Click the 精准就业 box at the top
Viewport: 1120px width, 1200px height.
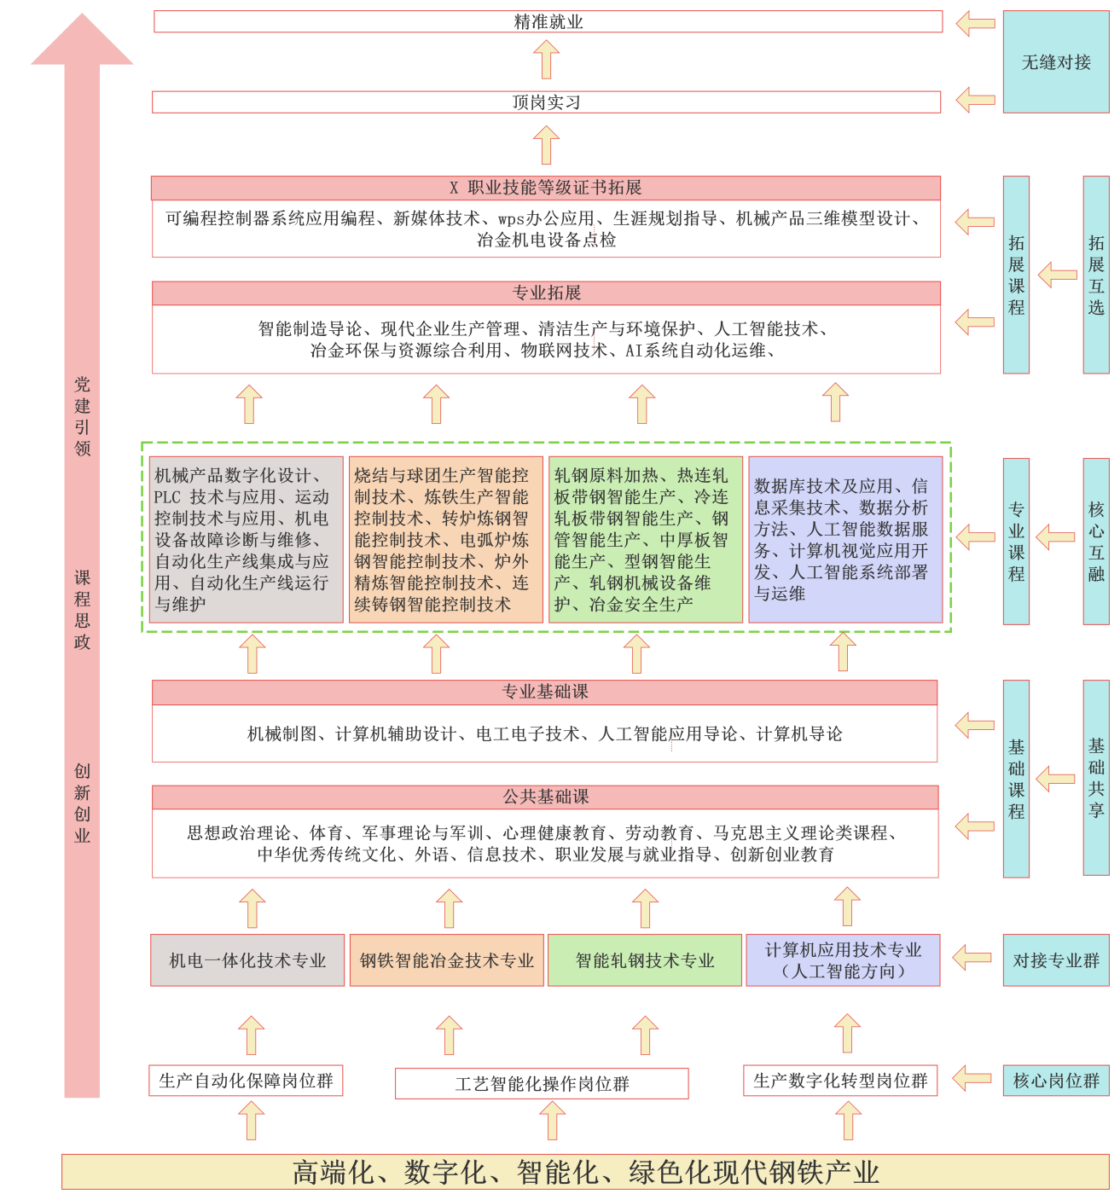pos(548,21)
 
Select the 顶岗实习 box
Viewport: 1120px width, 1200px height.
pos(546,102)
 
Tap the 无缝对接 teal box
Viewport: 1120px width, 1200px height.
pos(1056,62)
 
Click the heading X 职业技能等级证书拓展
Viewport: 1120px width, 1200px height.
pos(546,188)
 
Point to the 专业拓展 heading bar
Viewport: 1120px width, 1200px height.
pos(546,293)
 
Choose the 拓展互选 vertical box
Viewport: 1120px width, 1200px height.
pos(1096,275)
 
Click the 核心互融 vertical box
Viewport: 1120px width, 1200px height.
pos(1096,542)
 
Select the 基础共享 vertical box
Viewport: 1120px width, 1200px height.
pos(1096,778)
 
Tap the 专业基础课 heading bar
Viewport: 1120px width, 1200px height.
pos(544,692)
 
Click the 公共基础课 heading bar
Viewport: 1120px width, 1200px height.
pos(545,797)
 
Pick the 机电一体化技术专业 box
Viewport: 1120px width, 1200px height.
pos(247,960)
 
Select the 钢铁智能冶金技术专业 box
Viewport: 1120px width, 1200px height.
pos(447,960)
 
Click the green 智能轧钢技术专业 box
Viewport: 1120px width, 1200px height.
pos(645,960)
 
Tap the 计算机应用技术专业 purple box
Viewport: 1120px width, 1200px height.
pos(843,960)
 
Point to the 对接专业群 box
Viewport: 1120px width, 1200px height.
pos(1056,960)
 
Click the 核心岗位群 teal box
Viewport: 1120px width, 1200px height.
pos(1056,1081)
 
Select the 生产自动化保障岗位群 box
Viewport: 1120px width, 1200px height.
pos(246,1081)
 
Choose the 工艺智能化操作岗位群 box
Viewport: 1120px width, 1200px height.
pos(542,1084)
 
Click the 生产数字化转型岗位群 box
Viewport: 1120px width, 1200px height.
pos(840,1081)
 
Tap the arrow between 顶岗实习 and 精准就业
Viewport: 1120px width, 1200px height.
pos(546,61)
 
